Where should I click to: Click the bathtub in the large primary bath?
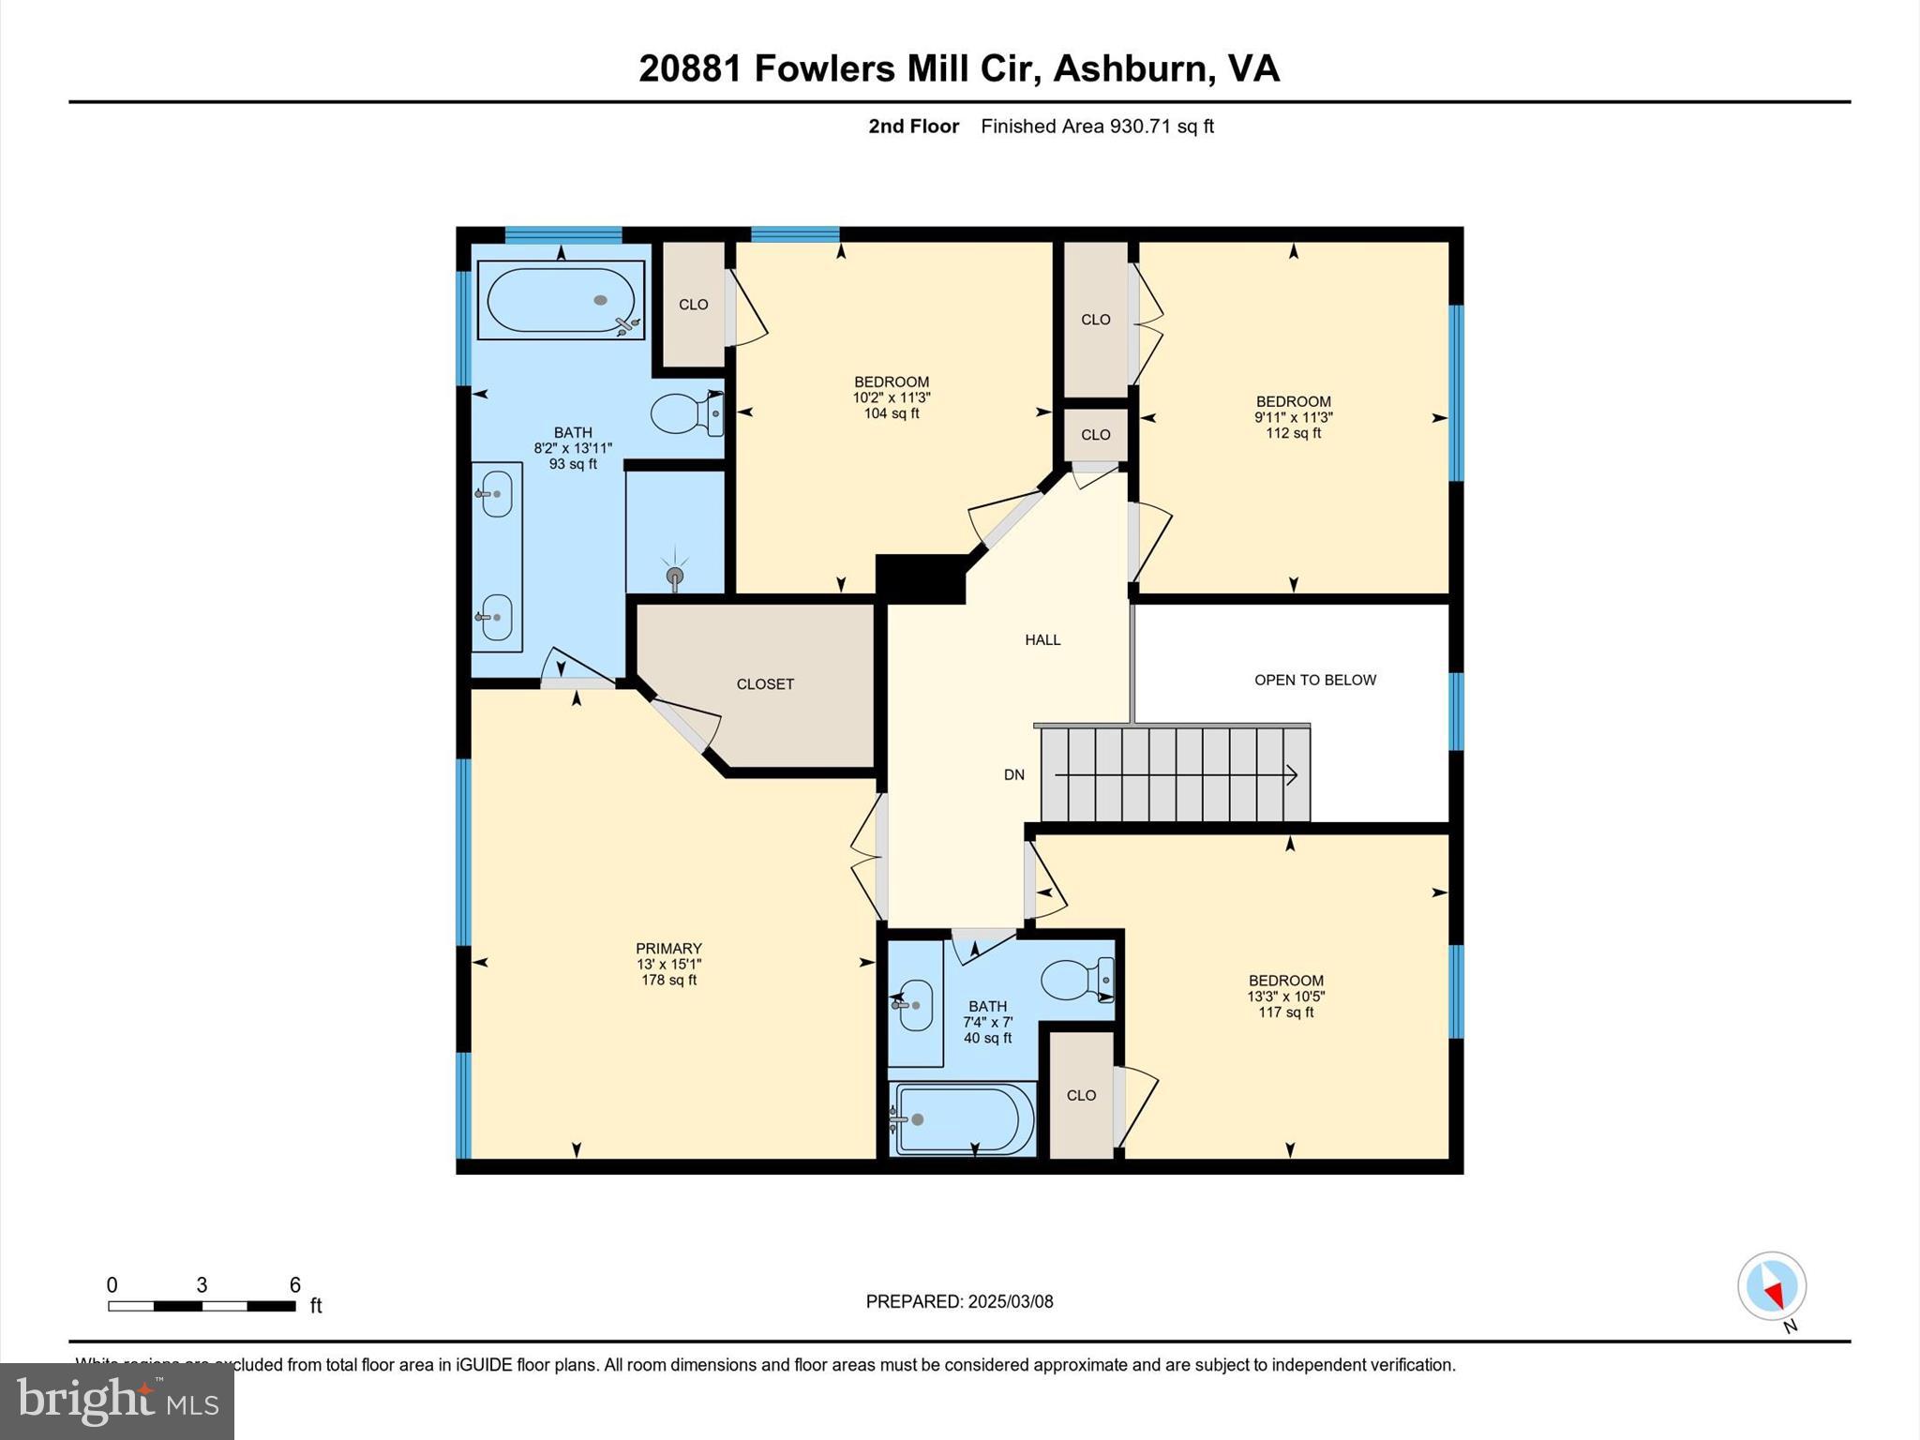click(561, 300)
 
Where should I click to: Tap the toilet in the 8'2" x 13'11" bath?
click(686, 413)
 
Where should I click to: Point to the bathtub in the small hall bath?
click(964, 1119)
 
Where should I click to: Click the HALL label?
click(1042, 640)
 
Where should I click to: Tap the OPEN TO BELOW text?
click(1314, 680)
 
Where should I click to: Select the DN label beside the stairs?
click(1013, 775)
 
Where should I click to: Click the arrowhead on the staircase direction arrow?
click(1292, 775)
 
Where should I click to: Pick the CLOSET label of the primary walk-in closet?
click(765, 684)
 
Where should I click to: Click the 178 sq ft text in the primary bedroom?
click(668, 981)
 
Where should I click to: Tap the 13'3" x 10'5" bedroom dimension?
click(1285, 997)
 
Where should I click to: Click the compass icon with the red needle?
click(1771, 1286)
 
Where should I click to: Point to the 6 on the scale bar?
click(294, 1285)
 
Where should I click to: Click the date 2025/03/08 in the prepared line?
click(1011, 1301)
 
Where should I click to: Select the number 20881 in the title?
click(690, 68)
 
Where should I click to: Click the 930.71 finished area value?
click(1141, 127)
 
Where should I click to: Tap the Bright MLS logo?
click(117, 1401)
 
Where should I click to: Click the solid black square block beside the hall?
click(921, 578)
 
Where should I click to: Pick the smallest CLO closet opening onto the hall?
click(1095, 435)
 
